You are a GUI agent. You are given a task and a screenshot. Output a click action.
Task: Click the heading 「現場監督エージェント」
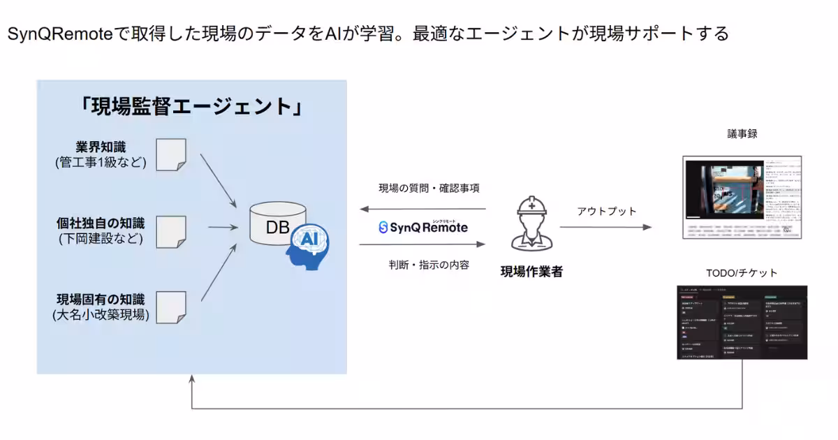[x=191, y=107]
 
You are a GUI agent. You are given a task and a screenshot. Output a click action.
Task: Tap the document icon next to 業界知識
[x=171, y=155]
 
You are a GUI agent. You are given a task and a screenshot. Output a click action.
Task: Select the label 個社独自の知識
[x=101, y=223]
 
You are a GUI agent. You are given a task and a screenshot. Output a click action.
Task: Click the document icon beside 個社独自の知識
[x=171, y=232]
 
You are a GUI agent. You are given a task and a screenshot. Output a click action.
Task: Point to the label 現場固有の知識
[x=101, y=299]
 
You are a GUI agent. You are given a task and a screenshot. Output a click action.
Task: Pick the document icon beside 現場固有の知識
[x=171, y=307]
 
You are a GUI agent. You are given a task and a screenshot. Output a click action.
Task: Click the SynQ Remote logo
[x=422, y=227]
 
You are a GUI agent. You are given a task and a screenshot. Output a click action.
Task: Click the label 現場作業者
[x=531, y=272]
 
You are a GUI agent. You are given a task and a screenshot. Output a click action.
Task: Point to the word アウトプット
[x=607, y=211]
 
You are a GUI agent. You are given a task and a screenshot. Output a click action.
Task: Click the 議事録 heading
[x=742, y=133]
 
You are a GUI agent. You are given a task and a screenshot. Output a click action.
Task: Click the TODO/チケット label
[x=741, y=272]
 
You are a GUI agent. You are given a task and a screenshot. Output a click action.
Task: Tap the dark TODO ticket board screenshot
[x=742, y=322]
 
